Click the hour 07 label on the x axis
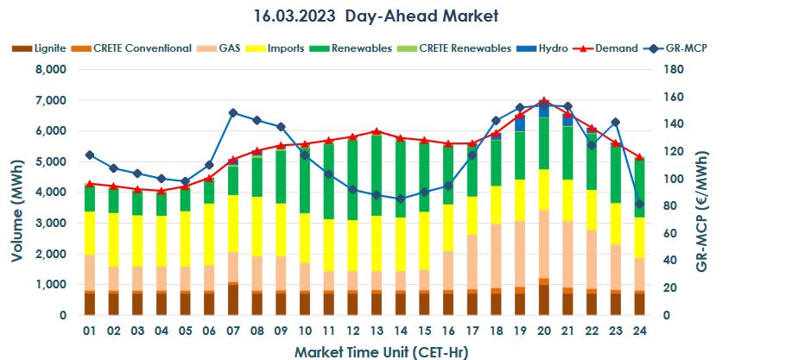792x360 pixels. [x=233, y=331]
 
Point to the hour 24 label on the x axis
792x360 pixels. [x=638, y=331]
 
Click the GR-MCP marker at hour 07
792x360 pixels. [x=233, y=113]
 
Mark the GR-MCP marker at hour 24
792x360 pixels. [x=638, y=204]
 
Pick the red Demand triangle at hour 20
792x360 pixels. [x=543, y=101]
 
